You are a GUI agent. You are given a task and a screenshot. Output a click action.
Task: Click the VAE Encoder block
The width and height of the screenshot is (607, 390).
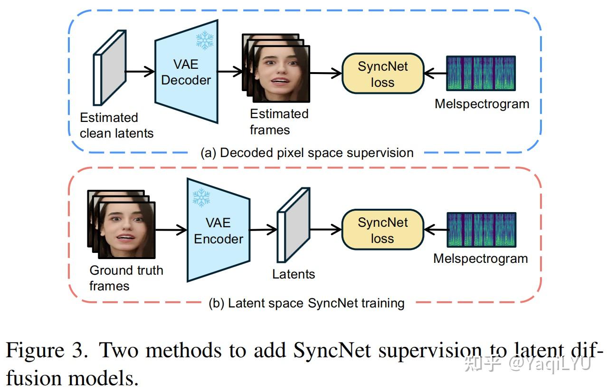point(218,231)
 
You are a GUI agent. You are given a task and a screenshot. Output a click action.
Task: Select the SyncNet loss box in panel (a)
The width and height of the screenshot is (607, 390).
point(382,74)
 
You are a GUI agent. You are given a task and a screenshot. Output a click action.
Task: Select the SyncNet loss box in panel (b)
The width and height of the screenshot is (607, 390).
point(382,230)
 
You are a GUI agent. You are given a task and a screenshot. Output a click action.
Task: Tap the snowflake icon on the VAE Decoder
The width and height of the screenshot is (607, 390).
point(205,40)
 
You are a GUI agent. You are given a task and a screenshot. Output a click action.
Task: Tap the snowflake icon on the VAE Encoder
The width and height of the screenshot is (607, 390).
point(201,197)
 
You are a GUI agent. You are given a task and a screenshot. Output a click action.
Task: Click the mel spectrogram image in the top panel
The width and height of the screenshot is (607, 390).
point(481,73)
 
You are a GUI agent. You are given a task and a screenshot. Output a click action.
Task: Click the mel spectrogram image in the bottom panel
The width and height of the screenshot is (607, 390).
point(481,230)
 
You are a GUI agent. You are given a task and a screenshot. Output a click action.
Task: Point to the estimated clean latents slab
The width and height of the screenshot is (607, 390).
point(110,68)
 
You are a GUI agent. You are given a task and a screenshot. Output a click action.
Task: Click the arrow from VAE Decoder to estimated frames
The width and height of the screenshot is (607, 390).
point(230,73)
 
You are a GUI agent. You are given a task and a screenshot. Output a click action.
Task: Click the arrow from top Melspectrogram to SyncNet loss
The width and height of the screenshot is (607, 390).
point(435,74)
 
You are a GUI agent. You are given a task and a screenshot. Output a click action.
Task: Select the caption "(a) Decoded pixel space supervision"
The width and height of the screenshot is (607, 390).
point(307,153)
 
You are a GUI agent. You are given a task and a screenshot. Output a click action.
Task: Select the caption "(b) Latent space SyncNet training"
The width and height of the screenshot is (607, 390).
point(307,303)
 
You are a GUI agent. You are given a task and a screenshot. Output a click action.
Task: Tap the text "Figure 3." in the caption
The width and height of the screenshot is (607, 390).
point(46,351)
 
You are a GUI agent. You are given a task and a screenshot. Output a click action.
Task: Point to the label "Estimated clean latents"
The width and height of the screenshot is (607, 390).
point(116,125)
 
